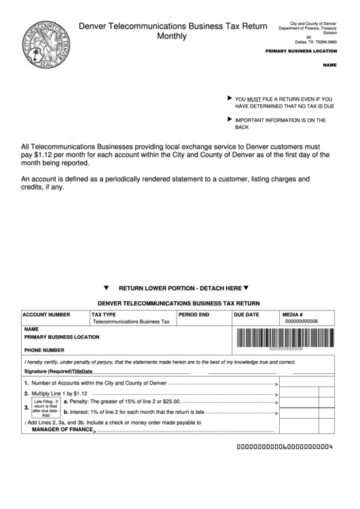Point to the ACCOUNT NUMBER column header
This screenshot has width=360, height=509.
point(46,315)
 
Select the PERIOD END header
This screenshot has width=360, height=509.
point(194,315)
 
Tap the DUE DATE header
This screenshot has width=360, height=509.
point(247,315)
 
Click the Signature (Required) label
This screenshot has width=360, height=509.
point(48,372)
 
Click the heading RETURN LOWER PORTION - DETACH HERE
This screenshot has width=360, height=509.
point(180,287)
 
